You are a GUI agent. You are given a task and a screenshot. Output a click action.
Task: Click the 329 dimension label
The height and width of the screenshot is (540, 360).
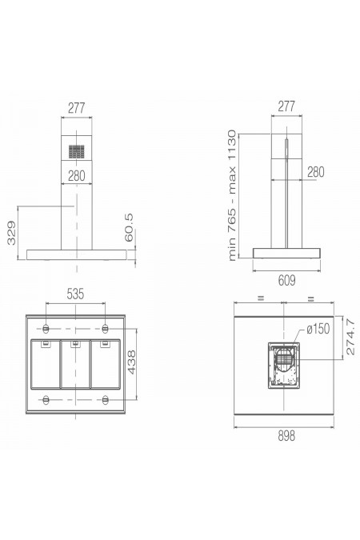pyautogui.click(x=11, y=233)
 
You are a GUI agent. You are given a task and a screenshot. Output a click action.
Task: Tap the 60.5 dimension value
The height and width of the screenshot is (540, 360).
pyautogui.click(x=129, y=228)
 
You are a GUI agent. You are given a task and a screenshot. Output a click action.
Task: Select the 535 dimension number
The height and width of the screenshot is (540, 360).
pyautogui.click(x=75, y=294)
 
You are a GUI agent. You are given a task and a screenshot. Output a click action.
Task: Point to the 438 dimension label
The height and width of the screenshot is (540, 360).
pyautogui.click(x=132, y=362)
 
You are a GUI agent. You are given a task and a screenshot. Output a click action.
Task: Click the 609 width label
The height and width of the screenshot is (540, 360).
pyautogui.click(x=286, y=281)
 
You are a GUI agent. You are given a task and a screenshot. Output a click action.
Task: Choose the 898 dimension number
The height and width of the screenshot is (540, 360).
pyautogui.click(x=286, y=436)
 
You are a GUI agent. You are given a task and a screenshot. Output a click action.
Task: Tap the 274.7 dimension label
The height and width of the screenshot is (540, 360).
pyautogui.click(x=350, y=337)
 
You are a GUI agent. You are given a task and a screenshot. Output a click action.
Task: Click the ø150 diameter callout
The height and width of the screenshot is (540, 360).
pyautogui.click(x=318, y=329)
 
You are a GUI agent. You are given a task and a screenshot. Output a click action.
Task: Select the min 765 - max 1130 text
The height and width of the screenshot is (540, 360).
pyautogui.click(x=232, y=195)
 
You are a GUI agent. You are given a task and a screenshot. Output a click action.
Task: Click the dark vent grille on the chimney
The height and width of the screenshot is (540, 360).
pyautogui.click(x=77, y=151)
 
